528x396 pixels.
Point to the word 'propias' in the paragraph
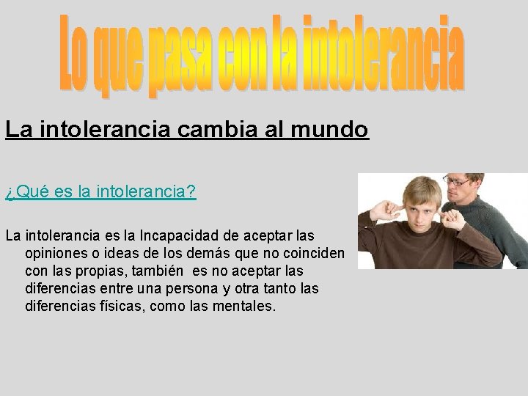[103, 271]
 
